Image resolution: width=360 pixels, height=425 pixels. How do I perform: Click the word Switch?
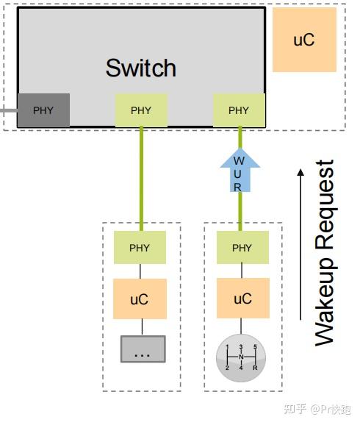pos(141,68)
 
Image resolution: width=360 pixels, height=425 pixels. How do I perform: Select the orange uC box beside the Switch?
pos(304,40)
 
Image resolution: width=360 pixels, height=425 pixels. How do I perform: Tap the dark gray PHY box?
pos(43,110)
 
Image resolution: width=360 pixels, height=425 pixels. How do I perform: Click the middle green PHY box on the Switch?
pos(141,110)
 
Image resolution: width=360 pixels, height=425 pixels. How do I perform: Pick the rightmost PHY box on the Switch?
pos(239,110)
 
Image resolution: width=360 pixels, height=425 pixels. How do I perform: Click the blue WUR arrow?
pos(238,171)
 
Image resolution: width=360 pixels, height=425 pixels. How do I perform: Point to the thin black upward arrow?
pos(300,243)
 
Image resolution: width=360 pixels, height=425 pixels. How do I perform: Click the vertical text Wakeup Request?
pos(324,252)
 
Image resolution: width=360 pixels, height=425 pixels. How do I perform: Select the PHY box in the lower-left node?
pos(140,248)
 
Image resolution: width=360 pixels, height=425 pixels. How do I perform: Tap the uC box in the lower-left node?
pos(140,299)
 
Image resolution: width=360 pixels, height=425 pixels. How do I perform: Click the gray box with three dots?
pos(143,349)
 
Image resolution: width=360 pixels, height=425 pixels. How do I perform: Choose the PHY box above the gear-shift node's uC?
pos(242,248)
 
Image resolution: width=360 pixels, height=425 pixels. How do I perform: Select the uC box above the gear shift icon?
pos(242,299)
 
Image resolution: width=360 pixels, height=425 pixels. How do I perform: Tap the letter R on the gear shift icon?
pos(254,367)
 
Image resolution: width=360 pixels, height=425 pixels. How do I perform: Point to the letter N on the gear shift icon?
pos(241,357)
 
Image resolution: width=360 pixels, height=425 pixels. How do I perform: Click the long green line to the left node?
pos(141,176)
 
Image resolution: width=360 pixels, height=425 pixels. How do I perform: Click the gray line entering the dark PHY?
pos(7,110)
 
